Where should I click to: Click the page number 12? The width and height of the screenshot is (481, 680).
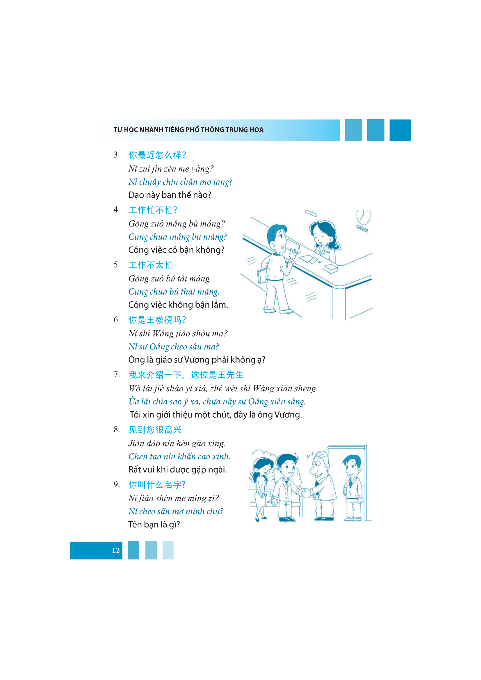(115, 550)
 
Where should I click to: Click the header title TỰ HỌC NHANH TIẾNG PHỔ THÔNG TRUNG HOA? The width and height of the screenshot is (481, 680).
(188, 130)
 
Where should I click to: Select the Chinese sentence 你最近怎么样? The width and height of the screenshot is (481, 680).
(157, 155)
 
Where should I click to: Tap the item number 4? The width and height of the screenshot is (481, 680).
(117, 210)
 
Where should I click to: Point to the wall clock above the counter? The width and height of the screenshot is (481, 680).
(364, 217)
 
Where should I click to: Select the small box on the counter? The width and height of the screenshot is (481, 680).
(331, 269)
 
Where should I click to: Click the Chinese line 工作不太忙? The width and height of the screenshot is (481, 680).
(150, 265)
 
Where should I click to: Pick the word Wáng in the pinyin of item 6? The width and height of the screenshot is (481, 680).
(163, 333)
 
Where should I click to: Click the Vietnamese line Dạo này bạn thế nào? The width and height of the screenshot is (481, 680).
(170, 195)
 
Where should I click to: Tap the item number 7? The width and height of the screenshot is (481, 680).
(117, 375)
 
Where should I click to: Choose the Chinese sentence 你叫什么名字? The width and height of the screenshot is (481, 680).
(157, 485)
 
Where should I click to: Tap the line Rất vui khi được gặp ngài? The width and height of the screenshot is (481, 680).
(177, 470)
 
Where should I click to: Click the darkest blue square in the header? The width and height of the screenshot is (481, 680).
(400, 130)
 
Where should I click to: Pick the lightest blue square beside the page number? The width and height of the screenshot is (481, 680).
(168, 550)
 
